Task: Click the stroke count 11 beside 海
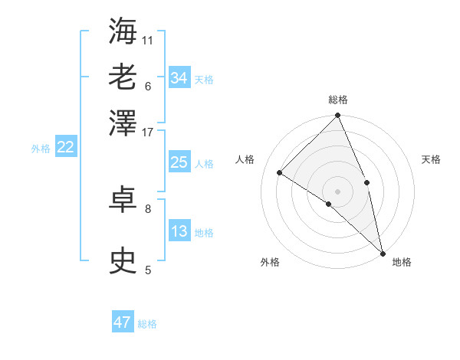coord(148,40)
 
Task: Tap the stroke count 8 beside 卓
coord(148,208)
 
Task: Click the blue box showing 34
coord(179,78)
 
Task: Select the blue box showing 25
coord(179,162)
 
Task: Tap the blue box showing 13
coord(179,232)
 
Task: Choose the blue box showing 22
coord(65,148)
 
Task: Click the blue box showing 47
coord(123,322)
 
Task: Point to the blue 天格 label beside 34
coord(204,80)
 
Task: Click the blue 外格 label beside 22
coord(41,149)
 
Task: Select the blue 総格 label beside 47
coord(147,324)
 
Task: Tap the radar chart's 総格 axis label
coord(338,100)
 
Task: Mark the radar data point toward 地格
coord(383,253)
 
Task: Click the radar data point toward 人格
coord(280,173)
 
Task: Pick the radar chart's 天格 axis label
coord(431,159)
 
